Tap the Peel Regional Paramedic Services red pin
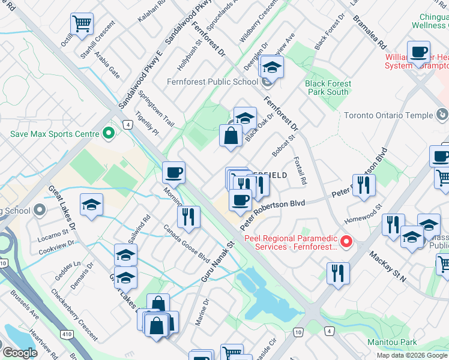(346, 242)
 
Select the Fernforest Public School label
(212, 82)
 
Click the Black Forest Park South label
(327, 88)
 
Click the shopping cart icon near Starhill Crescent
(82, 25)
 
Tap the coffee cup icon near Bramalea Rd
(418, 52)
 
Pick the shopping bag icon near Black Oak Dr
(231, 134)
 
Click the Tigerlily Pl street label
(147, 123)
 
